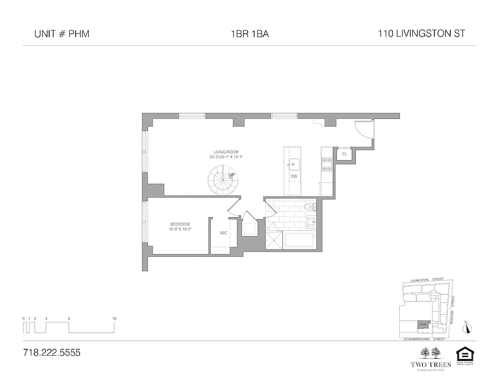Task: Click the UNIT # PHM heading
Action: click(x=62, y=34)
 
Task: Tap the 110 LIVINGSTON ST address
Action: click(x=422, y=34)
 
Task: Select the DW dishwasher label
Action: click(x=294, y=177)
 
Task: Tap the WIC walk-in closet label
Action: click(x=223, y=233)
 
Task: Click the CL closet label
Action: click(x=344, y=154)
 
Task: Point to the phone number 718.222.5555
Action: click(x=52, y=353)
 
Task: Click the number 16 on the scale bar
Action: click(x=114, y=318)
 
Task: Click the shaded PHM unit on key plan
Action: click(x=423, y=325)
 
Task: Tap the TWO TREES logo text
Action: click(x=431, y=364)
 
